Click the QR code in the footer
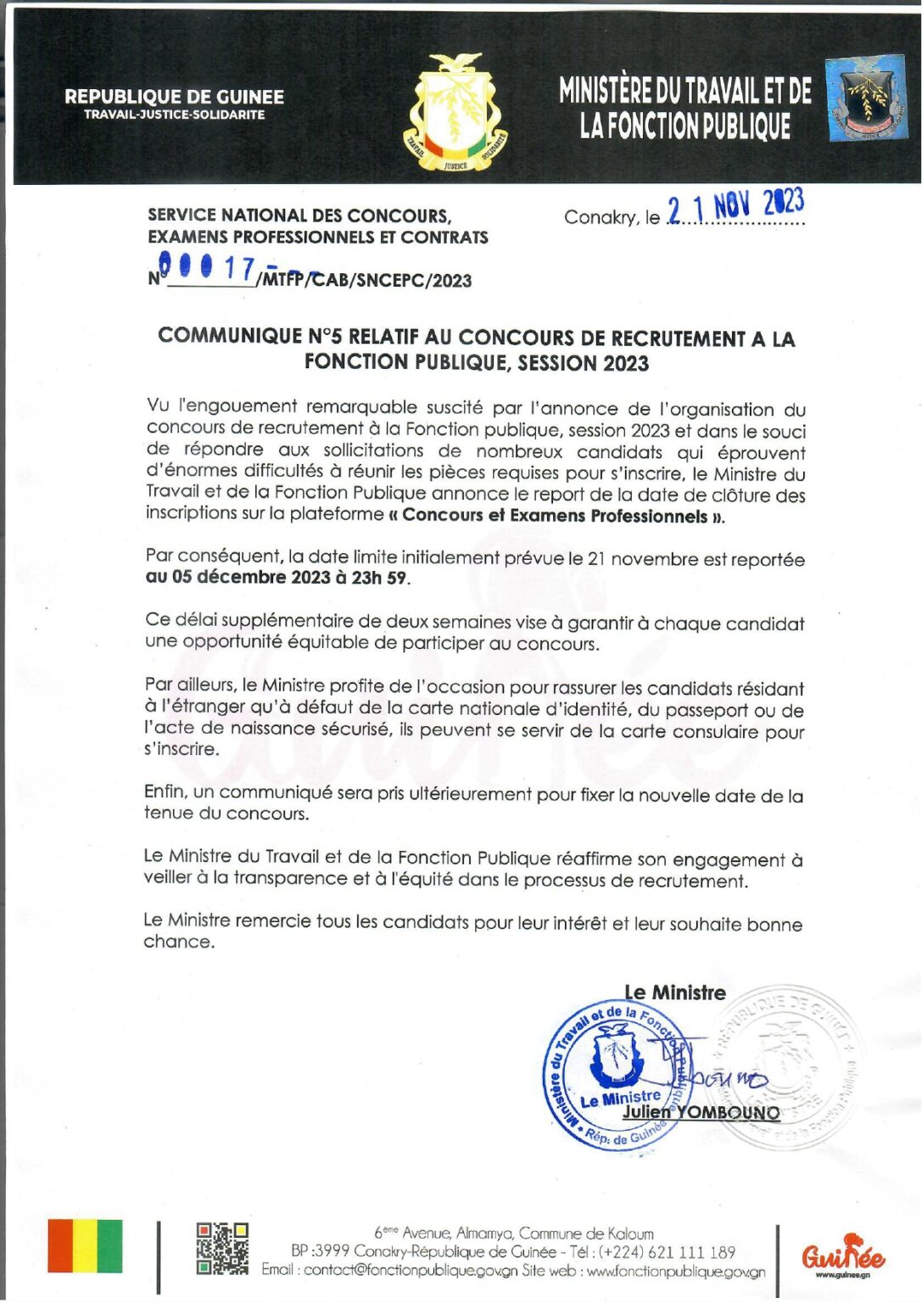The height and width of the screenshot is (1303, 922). point(222,1248)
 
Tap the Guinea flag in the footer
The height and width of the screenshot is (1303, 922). point(85,1245)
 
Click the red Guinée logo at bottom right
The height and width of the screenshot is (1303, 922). point(842,1254)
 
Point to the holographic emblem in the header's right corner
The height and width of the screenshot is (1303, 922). point(865,99)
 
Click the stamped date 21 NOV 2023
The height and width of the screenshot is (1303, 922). point(735,206)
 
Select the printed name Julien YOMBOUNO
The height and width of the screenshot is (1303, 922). point(701,1112)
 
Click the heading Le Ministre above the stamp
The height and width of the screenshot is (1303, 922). point(675,993)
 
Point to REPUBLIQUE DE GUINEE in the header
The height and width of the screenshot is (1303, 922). point(174,98)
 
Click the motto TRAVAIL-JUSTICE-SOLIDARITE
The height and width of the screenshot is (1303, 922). point(174,115)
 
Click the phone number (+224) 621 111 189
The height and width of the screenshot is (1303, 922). point(667,1252)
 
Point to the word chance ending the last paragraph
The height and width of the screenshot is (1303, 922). point(178,942)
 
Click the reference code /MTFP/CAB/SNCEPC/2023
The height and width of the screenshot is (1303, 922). point(366,281)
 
